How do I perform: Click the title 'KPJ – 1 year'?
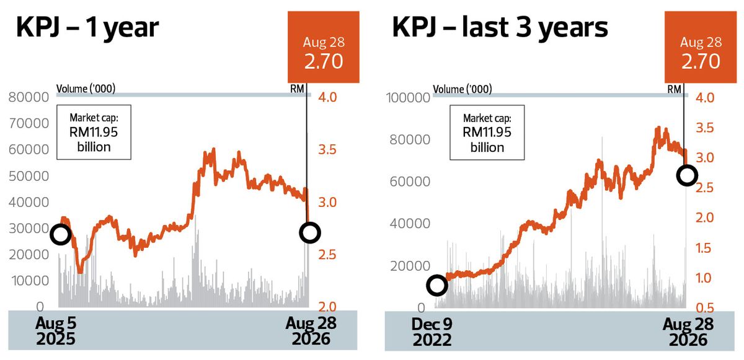(x=87, y=28)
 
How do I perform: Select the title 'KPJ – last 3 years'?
(x=500, y=28)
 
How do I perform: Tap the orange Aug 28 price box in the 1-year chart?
(x=324, y=47)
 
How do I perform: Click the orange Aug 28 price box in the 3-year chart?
(x=701, y=47)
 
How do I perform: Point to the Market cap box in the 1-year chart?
(x=94, y=133)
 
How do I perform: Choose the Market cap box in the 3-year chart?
(x=487, y=133)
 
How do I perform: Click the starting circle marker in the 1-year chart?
(x=61, y=234)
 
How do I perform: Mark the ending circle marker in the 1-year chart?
(x=309, y=232)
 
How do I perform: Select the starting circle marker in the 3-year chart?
(x=437, y=285)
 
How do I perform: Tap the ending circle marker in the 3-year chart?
(x=687, y=175)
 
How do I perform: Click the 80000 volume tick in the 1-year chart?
(x=29, y=97)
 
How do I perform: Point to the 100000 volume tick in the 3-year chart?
(x=408, y=98)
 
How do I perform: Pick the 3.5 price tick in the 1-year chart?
(x=327, y=150)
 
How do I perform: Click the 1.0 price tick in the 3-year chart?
(x=704, y=278)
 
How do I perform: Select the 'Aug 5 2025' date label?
(x=56, y=331)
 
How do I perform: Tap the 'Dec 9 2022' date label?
(x=432, y=331)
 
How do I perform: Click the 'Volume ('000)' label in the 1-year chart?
(x=86, y=89)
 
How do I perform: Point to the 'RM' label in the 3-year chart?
(x=675, y=89)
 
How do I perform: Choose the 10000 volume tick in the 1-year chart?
(x=30, y=281)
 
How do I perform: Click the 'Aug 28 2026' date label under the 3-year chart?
(x=688, y=331)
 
